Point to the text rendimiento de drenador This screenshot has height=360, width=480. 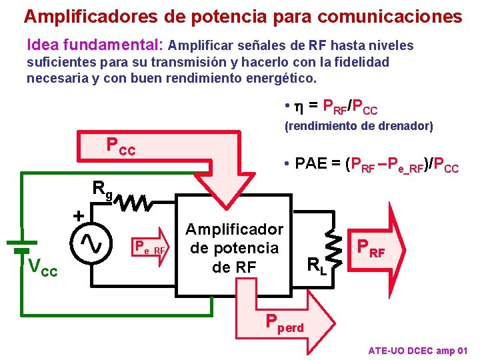[x=359, y=126]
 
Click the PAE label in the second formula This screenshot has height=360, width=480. [x=312, y=163]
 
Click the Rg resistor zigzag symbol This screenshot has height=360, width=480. [x=136, y=201]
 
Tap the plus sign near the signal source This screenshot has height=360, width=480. [x=79, y=216]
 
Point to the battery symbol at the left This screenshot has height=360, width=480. [x=22, y=246]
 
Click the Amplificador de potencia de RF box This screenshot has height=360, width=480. [x=234, y=248]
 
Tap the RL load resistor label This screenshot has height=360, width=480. [x=317, y=267]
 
